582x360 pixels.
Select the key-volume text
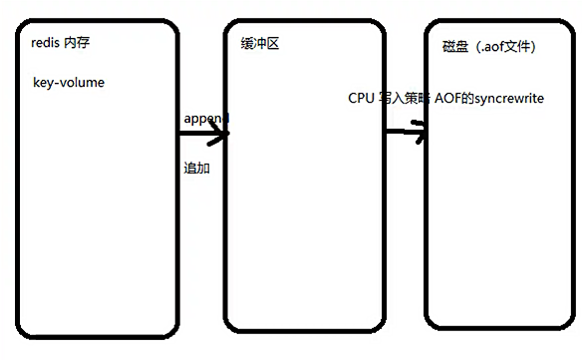point(68,83)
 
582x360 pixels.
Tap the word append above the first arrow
point(205,118)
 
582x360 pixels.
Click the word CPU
point(360,99)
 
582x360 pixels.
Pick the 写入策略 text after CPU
point(403,99)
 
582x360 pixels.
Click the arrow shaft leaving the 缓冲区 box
point(401,132)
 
